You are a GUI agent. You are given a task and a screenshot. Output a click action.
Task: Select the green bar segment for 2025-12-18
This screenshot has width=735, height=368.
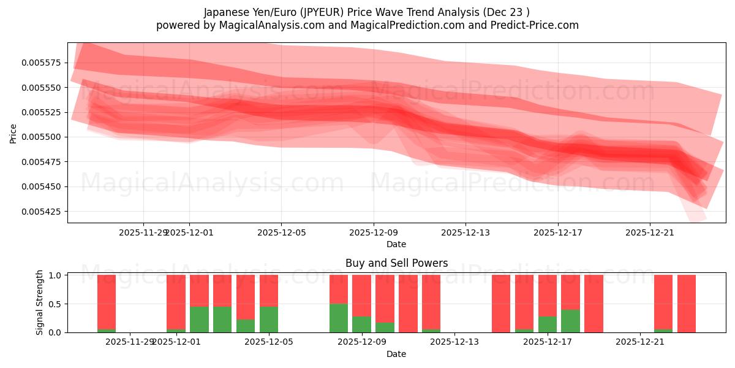[x=570, y=321]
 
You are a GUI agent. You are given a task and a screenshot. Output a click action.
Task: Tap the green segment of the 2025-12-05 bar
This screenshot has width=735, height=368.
[x=269, y=319]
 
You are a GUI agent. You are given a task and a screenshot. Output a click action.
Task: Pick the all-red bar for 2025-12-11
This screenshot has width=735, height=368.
[x=408, y=304]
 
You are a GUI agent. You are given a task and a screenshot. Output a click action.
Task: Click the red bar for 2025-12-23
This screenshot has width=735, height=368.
[x=687, y=304]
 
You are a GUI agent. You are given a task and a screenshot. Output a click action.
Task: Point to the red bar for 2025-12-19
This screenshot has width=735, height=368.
[x=594, y=304]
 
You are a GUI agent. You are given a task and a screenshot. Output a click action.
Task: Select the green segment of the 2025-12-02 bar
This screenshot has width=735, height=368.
[x=199, y=319]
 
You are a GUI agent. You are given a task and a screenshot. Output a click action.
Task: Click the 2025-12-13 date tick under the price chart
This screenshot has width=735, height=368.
[x=466, y=232]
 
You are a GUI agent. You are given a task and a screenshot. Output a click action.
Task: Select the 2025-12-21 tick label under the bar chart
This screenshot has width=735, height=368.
[x=640, y=342]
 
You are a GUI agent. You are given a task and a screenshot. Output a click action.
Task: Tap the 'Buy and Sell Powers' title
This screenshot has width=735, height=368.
[x=396, y=263]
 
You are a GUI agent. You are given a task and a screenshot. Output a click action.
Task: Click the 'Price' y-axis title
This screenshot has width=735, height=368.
[x=13, y=132]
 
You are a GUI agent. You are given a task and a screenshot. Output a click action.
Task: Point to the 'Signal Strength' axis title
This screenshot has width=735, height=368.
[x=40, y=302]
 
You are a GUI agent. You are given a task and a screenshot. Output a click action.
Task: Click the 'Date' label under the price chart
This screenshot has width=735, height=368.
[x=396, y=244]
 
